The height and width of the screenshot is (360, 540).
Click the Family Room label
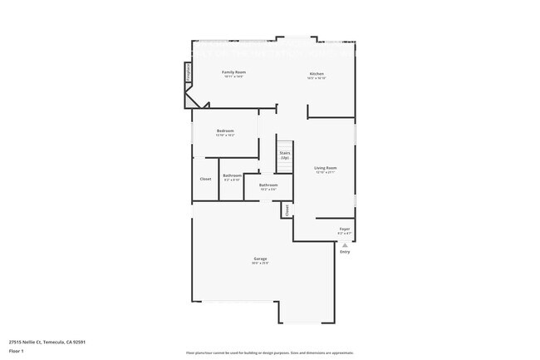(233, 72)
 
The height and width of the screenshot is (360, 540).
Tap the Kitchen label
(317, 73)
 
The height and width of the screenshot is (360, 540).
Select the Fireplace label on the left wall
(189, 72)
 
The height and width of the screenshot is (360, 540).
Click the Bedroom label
(225, 131)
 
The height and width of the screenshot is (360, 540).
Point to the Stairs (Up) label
(284, 155)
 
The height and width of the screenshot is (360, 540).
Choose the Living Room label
(325, 168)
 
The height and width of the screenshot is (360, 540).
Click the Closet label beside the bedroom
(205, 179)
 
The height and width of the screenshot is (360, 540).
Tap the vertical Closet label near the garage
(287, 210)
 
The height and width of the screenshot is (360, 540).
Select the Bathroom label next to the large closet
(232, 175)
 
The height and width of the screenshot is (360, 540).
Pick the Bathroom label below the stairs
(268, 185)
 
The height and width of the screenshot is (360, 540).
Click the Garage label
(260, 259)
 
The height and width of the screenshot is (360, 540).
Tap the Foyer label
(344, 229)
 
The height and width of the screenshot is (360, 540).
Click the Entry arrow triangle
(344, 245)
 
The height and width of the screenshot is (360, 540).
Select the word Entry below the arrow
(344, 252)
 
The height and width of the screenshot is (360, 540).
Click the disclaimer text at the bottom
(269, 353)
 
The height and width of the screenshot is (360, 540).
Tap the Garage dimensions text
(260, 264)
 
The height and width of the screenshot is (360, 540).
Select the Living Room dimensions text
(325, 173)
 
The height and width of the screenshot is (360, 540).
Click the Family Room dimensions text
(233, 77)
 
